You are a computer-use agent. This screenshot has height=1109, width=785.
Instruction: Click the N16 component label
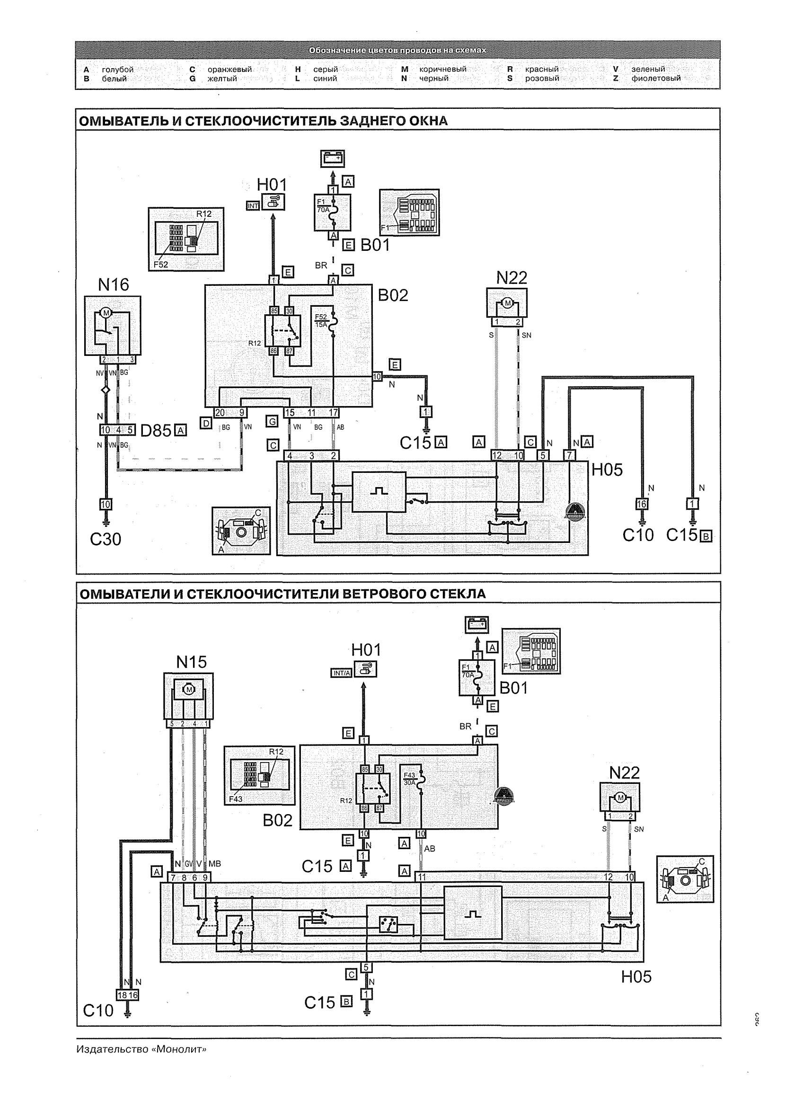114,285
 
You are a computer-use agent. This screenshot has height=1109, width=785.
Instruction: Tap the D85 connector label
156,430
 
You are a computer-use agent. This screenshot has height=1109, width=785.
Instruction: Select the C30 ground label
106,539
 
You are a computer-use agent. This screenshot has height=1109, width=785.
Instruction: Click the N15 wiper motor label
192,662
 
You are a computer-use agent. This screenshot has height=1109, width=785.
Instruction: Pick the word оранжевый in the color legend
229,69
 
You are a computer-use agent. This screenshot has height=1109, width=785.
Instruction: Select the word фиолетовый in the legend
655,78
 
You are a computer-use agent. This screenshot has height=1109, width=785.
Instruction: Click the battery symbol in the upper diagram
333,158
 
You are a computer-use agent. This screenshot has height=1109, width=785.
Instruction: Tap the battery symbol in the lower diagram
476,625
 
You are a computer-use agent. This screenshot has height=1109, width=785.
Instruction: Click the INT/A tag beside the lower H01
341,673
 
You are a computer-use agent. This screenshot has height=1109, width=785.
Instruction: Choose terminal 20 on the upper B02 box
220,412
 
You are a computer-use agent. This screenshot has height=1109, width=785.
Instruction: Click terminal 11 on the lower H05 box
422,877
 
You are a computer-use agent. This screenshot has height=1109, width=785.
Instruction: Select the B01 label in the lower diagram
514,688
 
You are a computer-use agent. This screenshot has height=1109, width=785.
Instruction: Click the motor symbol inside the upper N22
507,303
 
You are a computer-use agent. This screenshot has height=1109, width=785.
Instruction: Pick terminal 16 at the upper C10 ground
642,504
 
